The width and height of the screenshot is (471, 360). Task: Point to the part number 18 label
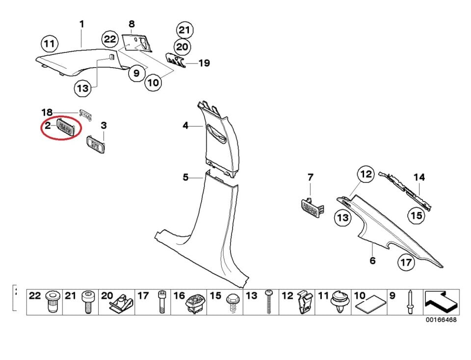[x=46, y=112]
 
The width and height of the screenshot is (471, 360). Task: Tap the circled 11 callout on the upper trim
[x=49, y=44]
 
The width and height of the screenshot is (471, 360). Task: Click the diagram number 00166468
[x=441, y=320]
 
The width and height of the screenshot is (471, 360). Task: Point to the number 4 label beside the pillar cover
[x=185, y=126]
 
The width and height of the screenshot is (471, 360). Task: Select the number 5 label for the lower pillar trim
[x=185, y=177]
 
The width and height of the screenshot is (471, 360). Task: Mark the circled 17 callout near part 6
[x=406, y=262]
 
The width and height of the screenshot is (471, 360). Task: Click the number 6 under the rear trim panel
[x=372, y=260]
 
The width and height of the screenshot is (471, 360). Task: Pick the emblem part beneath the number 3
[x=96, y=145]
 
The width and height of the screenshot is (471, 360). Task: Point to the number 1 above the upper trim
[x=82, y=24]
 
